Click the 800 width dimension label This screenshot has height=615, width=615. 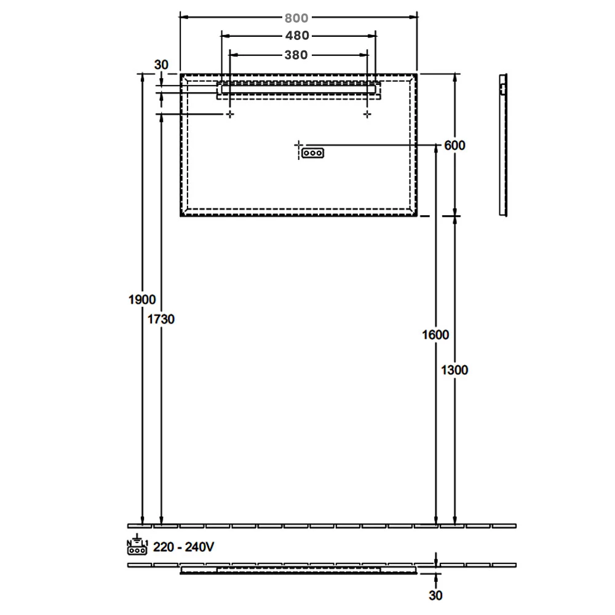[x=298, y=18]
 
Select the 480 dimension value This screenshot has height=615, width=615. [x=298, y=36]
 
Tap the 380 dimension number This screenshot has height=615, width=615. [x=296, y=55]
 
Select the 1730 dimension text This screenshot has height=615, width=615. [x=162, y=319]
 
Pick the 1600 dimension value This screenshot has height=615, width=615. [x=436, y=335]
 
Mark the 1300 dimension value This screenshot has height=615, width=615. [x=455, y=370]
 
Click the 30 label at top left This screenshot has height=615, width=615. [x=161, y=65]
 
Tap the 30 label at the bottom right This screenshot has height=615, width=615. [x=436, y=596]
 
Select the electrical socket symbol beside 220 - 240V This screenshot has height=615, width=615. [x=137, y=547]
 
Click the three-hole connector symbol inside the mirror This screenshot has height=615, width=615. [x=312, y=153]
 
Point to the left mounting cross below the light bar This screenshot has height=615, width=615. [x=230, y=114]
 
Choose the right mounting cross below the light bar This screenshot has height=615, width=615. [x=368, y=114]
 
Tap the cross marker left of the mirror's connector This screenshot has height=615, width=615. [x=299, y=145]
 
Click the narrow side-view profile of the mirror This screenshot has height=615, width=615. [x=503, y=145]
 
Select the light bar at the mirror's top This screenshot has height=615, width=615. [x=298, y=89]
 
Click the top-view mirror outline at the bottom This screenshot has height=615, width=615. [x=298, y=571]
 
